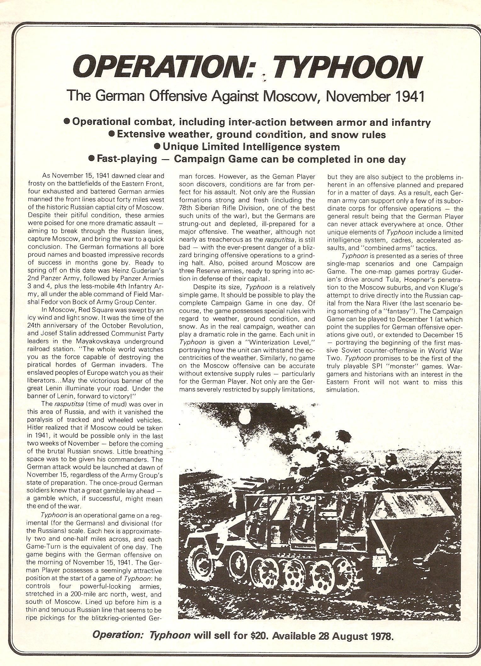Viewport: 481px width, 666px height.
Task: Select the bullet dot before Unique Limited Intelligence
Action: click(157, 146)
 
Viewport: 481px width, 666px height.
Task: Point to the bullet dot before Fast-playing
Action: click(92, 159)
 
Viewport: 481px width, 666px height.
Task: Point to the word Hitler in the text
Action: click(37, 428)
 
